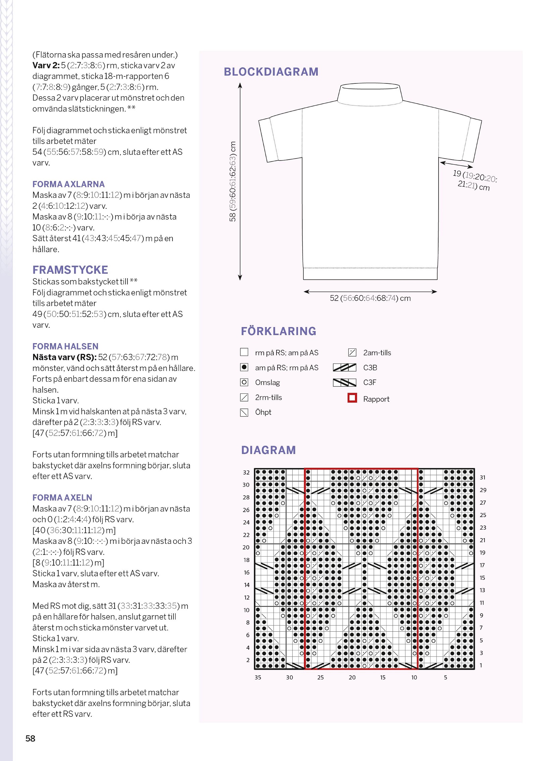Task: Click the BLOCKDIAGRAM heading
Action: pos(271,72)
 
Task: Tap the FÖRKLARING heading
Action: pos(278,331)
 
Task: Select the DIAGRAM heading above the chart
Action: pos(268,450)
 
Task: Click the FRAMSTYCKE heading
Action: pos(70,270)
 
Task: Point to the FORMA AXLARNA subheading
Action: pos(68,184)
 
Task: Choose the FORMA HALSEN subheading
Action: pos(65,346)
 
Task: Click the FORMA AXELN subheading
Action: pos(62,498)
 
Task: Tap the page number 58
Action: pos(30,738)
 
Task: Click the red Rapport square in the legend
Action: pos(352,398)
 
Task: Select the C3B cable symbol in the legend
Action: pos(344,367)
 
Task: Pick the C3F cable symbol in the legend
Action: pos(344,383)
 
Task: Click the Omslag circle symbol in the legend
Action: pos(244,382)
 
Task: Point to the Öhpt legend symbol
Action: pos(244,413)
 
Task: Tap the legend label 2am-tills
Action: pos(377,353)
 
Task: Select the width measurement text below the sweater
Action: pos(370,298)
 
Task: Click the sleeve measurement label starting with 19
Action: pos(474,180)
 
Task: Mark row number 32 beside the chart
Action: pos(246,472)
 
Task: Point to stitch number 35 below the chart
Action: pos(258,678)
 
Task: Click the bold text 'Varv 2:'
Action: pos(46,65)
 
